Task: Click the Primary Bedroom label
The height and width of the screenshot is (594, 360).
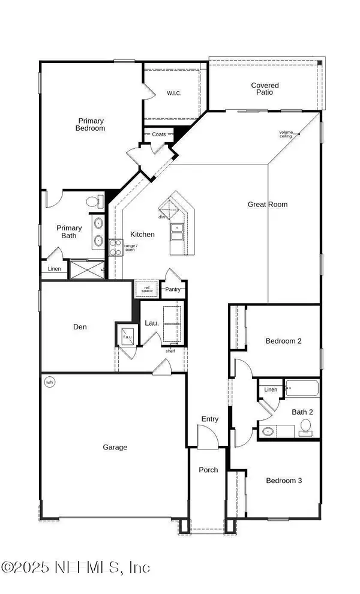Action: tap(91, 124)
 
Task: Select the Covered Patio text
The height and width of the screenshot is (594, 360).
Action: tap(265, 89)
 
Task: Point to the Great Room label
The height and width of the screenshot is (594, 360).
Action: tap(268, 204)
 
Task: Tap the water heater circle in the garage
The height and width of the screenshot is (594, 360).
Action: tap(49, 382)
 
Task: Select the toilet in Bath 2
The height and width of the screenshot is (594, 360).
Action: tap(305, 427)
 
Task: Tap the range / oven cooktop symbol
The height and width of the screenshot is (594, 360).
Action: tap(116, 247)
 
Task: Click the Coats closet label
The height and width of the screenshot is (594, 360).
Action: tap(158, 134)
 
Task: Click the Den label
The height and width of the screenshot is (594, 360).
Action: tap(80, 327)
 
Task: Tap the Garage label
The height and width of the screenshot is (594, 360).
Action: tap(114, 447)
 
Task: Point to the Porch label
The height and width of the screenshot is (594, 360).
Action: tap(208, 470)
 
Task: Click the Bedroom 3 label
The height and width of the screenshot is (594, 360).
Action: tap(284, 481)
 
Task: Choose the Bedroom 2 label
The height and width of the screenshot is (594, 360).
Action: tap(283, 341)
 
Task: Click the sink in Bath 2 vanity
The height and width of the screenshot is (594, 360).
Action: tap(268, 431)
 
